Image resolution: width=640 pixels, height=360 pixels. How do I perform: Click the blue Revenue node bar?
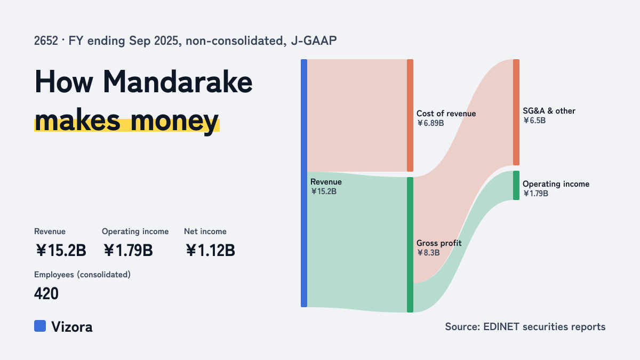point(304,183)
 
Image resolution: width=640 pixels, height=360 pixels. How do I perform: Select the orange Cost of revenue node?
point(410,115)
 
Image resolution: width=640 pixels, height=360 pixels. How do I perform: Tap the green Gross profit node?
point(410,245)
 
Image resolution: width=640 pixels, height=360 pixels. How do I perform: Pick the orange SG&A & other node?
point(516,113)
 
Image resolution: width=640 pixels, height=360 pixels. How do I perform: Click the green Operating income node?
point(516,186)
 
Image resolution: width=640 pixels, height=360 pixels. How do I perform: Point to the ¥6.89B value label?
point(430,123)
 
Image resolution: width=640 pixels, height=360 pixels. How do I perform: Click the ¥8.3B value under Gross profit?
point(428,253)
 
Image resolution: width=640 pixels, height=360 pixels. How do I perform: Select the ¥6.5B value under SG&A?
point(534,121)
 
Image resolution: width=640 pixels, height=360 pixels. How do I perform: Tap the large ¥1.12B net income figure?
point(210,250)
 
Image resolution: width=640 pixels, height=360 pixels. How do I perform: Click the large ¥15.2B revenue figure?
point(61,250)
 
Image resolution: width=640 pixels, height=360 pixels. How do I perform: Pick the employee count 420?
point(46,293)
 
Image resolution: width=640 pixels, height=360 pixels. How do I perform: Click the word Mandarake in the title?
point(178,82)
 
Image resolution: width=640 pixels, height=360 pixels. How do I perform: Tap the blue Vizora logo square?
point(40,326)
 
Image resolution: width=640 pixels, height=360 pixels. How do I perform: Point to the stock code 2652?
point(46,41)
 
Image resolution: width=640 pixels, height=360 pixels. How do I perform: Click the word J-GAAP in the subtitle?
point(314,41)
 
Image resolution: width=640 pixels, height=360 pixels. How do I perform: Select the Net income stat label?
point(205,231)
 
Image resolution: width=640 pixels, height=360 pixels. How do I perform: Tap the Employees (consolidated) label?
point(82,275)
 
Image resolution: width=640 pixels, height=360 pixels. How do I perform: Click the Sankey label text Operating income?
point(556,184)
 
